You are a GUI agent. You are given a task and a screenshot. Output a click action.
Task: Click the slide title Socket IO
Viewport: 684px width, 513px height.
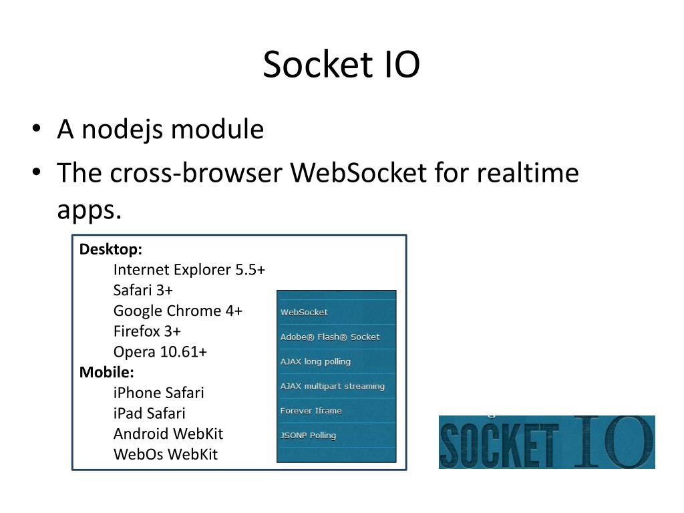coord(341,65)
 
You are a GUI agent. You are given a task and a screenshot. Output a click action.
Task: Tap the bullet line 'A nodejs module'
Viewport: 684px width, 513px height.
coord(160,129)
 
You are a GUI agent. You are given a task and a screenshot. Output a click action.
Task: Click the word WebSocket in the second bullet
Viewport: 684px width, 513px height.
coord(358,173)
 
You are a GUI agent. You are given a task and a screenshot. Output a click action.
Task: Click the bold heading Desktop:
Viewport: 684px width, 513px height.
coord(111,249)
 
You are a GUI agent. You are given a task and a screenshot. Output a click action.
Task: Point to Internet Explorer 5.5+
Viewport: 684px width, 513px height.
coord(189,269)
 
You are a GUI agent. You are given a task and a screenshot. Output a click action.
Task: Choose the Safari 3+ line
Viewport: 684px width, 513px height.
coord(143,290)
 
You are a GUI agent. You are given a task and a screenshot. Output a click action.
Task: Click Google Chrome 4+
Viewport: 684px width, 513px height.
coord(178,311)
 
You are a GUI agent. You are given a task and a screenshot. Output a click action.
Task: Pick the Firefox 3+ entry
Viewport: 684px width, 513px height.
coord(147,331)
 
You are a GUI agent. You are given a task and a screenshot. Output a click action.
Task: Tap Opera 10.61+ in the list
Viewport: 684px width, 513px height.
coord(160,351)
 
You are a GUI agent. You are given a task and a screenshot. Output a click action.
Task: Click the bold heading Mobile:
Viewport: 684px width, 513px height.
coord(107,372)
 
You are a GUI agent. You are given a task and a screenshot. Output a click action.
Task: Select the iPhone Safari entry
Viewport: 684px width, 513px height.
coord(159,393)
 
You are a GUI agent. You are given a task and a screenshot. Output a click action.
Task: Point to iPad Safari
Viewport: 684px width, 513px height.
coord(150,413)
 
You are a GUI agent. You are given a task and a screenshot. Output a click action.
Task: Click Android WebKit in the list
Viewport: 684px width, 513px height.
coord(168,434)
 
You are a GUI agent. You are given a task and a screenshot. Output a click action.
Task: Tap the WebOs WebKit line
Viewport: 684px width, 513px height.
coord(166,454)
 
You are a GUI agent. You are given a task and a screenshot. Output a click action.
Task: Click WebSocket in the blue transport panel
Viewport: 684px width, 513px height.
coord(305,312)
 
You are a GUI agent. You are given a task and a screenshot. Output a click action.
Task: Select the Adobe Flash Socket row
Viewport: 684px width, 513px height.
coord(329,337)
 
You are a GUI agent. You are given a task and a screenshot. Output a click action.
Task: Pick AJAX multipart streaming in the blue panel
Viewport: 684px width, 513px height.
coord(332,386)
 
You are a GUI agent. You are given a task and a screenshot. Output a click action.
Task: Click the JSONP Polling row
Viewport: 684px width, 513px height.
coord(308,436)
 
